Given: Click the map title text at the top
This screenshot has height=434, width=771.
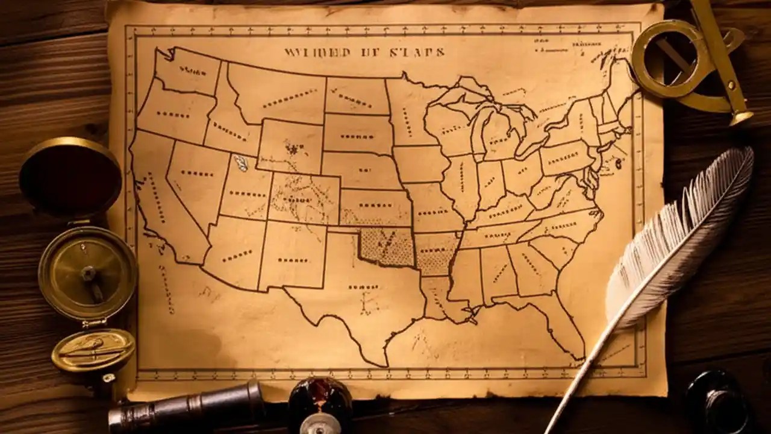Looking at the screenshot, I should pyautogui.click(x=364, y=52).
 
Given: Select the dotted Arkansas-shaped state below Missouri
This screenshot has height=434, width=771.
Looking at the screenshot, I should pyautogui.click(x=435, y=253).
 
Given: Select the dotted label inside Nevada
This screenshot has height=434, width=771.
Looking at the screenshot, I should pyautogui.click(x=196, y=173).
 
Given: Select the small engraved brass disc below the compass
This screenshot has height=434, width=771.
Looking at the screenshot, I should pyautogui.click(x=93, y=350).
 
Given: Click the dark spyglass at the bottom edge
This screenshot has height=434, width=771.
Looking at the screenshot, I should pyautogui.click(x=187, y=405).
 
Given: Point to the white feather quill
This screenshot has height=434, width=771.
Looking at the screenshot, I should pyautogui.click(x=681, y=241).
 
